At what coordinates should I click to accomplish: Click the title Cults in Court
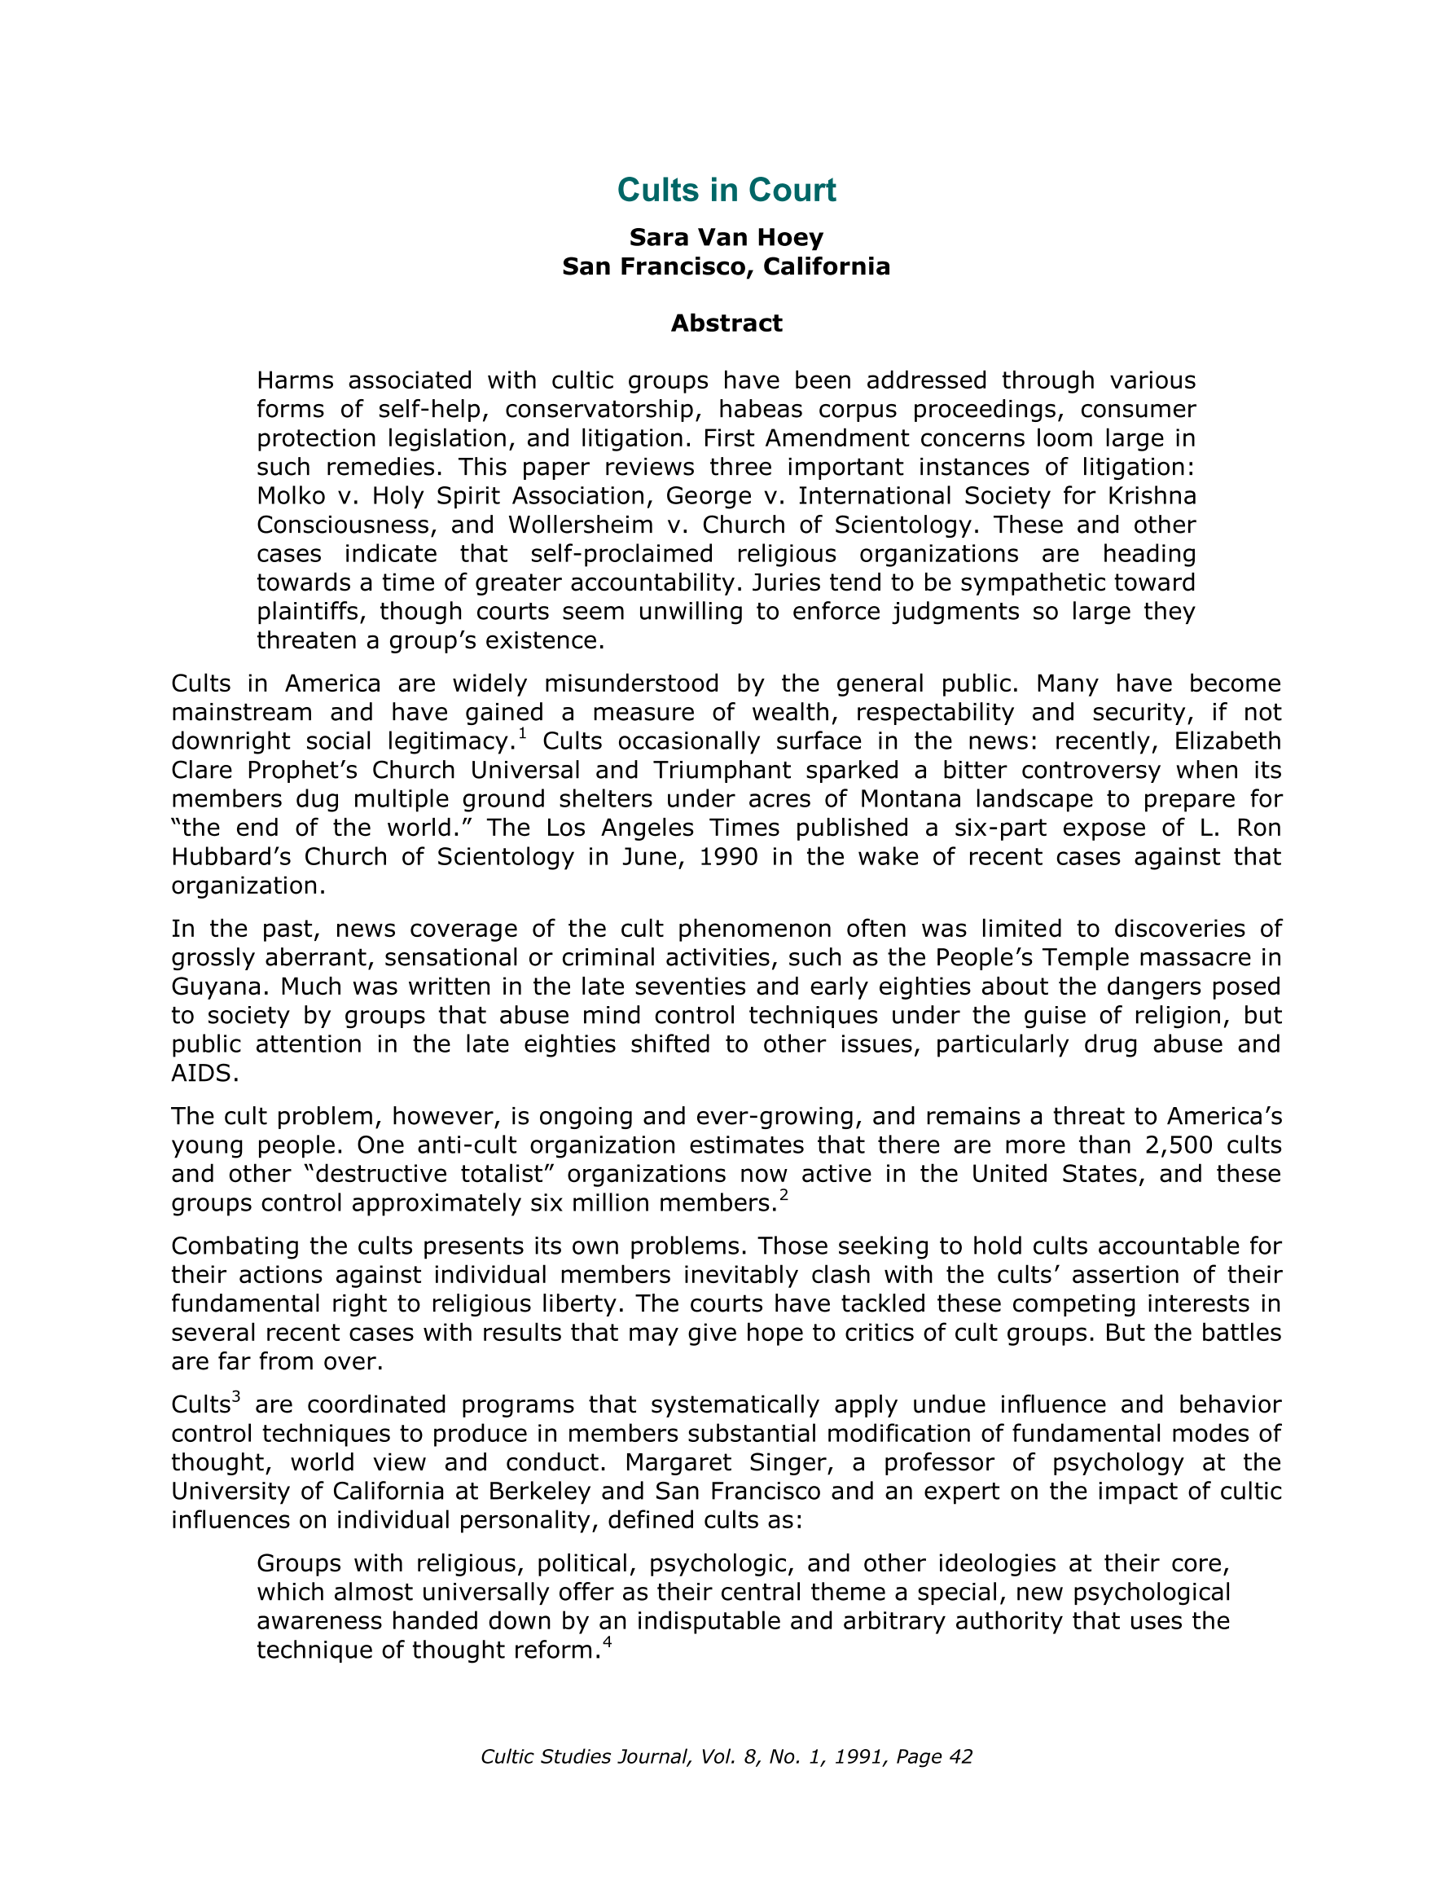tap(726, 191)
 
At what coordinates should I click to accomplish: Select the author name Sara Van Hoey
tap(726, 237)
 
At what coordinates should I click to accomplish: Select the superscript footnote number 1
tap(522, 734)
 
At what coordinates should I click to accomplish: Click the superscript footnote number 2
tap(784, 1194)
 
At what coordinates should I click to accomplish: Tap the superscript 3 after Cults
tap(236, 1396)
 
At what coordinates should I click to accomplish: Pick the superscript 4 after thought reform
tap(608, 1641)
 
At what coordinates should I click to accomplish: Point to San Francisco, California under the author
tap(726, 266)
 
